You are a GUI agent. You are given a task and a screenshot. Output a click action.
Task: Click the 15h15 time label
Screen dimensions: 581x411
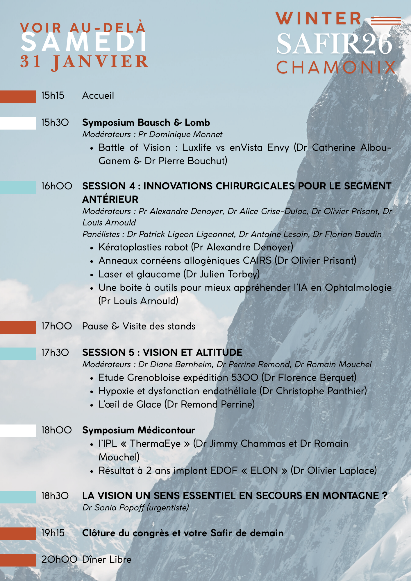pos(53,96)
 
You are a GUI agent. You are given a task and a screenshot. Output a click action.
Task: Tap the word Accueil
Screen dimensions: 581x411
pos(98,96)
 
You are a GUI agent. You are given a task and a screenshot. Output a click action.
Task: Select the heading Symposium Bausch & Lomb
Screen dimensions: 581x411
pos(146,123)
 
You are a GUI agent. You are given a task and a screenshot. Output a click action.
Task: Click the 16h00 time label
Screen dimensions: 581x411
pos(57,186)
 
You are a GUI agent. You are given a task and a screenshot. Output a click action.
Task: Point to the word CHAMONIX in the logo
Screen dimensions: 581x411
pos(336,68)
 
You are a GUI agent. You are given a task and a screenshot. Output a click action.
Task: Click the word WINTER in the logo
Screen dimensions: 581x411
pos(319,19)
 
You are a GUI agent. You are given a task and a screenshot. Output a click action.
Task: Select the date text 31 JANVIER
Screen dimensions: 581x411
pos(84,62)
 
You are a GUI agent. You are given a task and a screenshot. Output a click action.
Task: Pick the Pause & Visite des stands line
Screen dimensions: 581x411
pos(139,326)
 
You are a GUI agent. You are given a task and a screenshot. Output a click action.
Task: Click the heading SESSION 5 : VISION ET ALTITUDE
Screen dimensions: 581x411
pos(162,353)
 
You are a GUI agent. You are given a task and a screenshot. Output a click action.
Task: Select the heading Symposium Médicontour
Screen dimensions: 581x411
pos(139,430)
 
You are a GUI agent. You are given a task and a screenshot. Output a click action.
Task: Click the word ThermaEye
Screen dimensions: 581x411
pos(155,444)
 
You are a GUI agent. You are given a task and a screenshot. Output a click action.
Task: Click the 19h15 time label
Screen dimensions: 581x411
pos(53,533)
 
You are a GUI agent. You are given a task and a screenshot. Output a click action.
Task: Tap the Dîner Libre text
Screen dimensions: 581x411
pos(107,560)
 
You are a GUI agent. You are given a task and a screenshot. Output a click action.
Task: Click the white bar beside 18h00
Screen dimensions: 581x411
pos(18,431)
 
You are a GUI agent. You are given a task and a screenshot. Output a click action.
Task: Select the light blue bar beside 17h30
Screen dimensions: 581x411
pos(18,354)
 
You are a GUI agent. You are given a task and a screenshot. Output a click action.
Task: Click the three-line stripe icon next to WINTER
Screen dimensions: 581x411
pos(386,21)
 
